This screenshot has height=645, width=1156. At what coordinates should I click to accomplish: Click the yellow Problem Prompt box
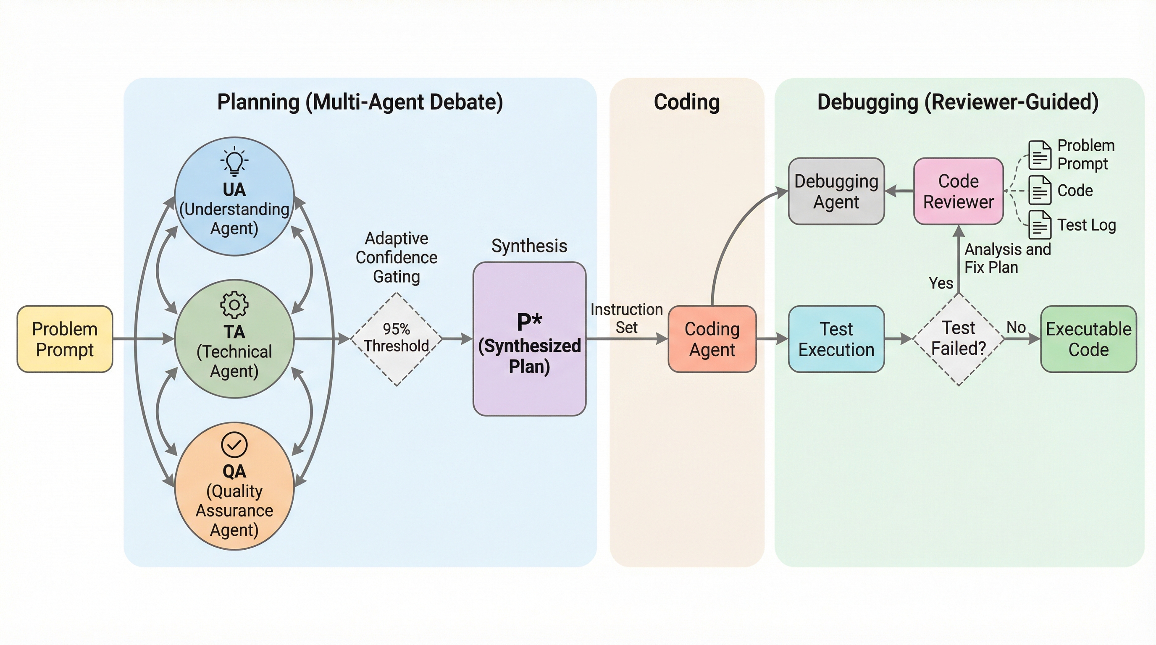tap(65, 339)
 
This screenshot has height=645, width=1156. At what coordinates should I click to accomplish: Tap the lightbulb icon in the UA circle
tap(234, 161)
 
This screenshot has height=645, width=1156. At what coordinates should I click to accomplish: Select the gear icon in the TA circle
tap(234, 305)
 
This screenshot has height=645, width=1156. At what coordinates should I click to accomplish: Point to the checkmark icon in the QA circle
tap(234, 445)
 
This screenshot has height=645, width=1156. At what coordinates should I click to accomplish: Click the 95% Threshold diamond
tap(396, 339)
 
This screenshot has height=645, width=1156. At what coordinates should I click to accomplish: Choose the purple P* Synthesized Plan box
tap(530, 339)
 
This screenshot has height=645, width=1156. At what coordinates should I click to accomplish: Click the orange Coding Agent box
tap(712, 339)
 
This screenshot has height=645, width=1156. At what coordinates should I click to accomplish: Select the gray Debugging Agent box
tap(836, 191)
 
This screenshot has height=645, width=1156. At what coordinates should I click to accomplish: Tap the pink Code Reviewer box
tap(959, 191)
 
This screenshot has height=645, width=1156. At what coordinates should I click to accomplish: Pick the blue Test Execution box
tap(836, 339)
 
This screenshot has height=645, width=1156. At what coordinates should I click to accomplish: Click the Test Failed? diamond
tap(959, 339)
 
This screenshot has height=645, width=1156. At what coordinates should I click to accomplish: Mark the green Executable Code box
tap(1088, 339)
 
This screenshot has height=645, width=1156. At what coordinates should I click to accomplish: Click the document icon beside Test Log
tap(1040, 224)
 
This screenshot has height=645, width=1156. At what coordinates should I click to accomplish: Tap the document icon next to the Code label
tap(1040, 190)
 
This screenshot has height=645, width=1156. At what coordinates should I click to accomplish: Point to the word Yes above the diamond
tap(941, 283)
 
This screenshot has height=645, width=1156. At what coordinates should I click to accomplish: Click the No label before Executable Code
tap(1016, 327)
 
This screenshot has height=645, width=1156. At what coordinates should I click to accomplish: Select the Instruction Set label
tap(626, 318)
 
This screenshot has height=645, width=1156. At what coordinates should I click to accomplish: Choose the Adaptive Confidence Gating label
tap(396, 257)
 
